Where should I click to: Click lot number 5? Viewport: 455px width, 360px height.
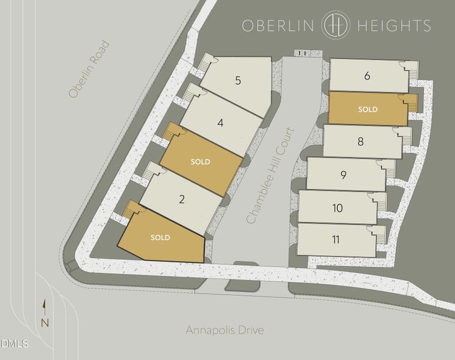238,80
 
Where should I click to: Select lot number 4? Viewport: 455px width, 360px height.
221,123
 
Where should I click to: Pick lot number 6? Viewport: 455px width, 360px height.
367,76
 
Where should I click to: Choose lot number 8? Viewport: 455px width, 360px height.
360,142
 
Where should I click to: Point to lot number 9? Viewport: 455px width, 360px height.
343,175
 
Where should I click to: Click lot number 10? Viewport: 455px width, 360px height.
337,208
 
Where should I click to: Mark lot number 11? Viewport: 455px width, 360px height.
335,239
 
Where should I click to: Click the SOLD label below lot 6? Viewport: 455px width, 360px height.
367,109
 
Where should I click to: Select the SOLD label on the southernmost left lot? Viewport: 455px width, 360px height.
160,238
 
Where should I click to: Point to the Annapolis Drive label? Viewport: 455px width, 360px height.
224,330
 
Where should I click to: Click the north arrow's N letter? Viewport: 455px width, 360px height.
44,323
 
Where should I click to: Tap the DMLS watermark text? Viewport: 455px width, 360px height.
14,344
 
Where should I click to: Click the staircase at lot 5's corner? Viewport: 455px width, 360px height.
206,61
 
